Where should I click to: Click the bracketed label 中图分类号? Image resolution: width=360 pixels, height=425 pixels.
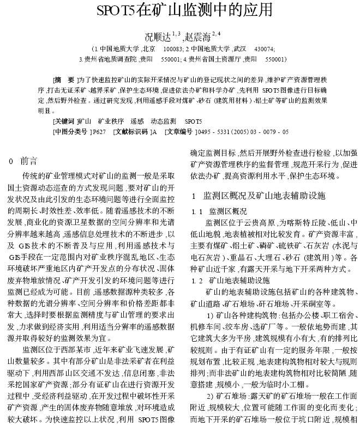(x=70, y=131)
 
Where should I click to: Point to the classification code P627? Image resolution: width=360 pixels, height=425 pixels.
(x=99, y=131)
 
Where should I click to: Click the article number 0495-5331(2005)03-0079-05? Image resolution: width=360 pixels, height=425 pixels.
(x=243, y=131)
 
